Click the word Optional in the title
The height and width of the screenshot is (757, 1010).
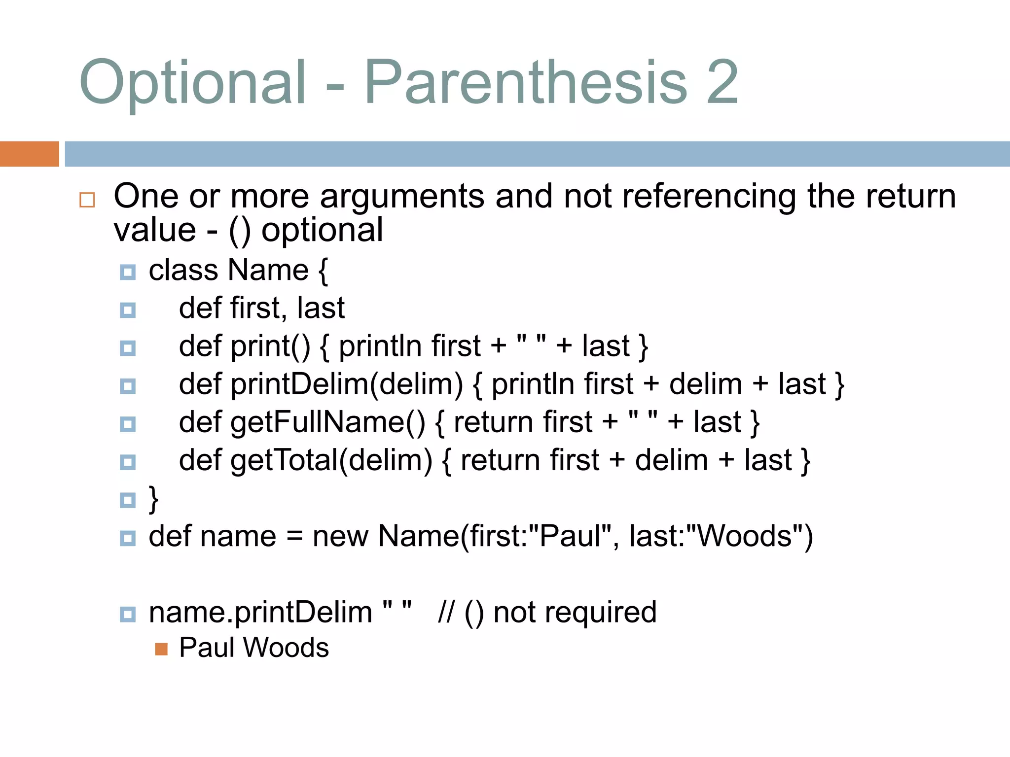point(193,83)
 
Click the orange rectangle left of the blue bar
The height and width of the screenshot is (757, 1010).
point(29,154)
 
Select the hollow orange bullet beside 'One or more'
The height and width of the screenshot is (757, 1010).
point(87,200)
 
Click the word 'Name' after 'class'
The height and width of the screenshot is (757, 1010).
point(268,270)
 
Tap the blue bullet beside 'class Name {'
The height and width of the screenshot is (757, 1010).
point(128,272)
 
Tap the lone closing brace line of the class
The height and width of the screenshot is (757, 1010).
point(154,499)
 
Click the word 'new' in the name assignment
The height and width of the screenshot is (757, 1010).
point(340,536)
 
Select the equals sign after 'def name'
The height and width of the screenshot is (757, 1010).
point(294,536)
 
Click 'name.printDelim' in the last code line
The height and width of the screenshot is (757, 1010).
point(260,613)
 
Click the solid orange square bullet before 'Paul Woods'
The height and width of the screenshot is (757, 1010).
point(161,649)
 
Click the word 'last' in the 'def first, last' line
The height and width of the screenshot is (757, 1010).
point(321,309)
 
